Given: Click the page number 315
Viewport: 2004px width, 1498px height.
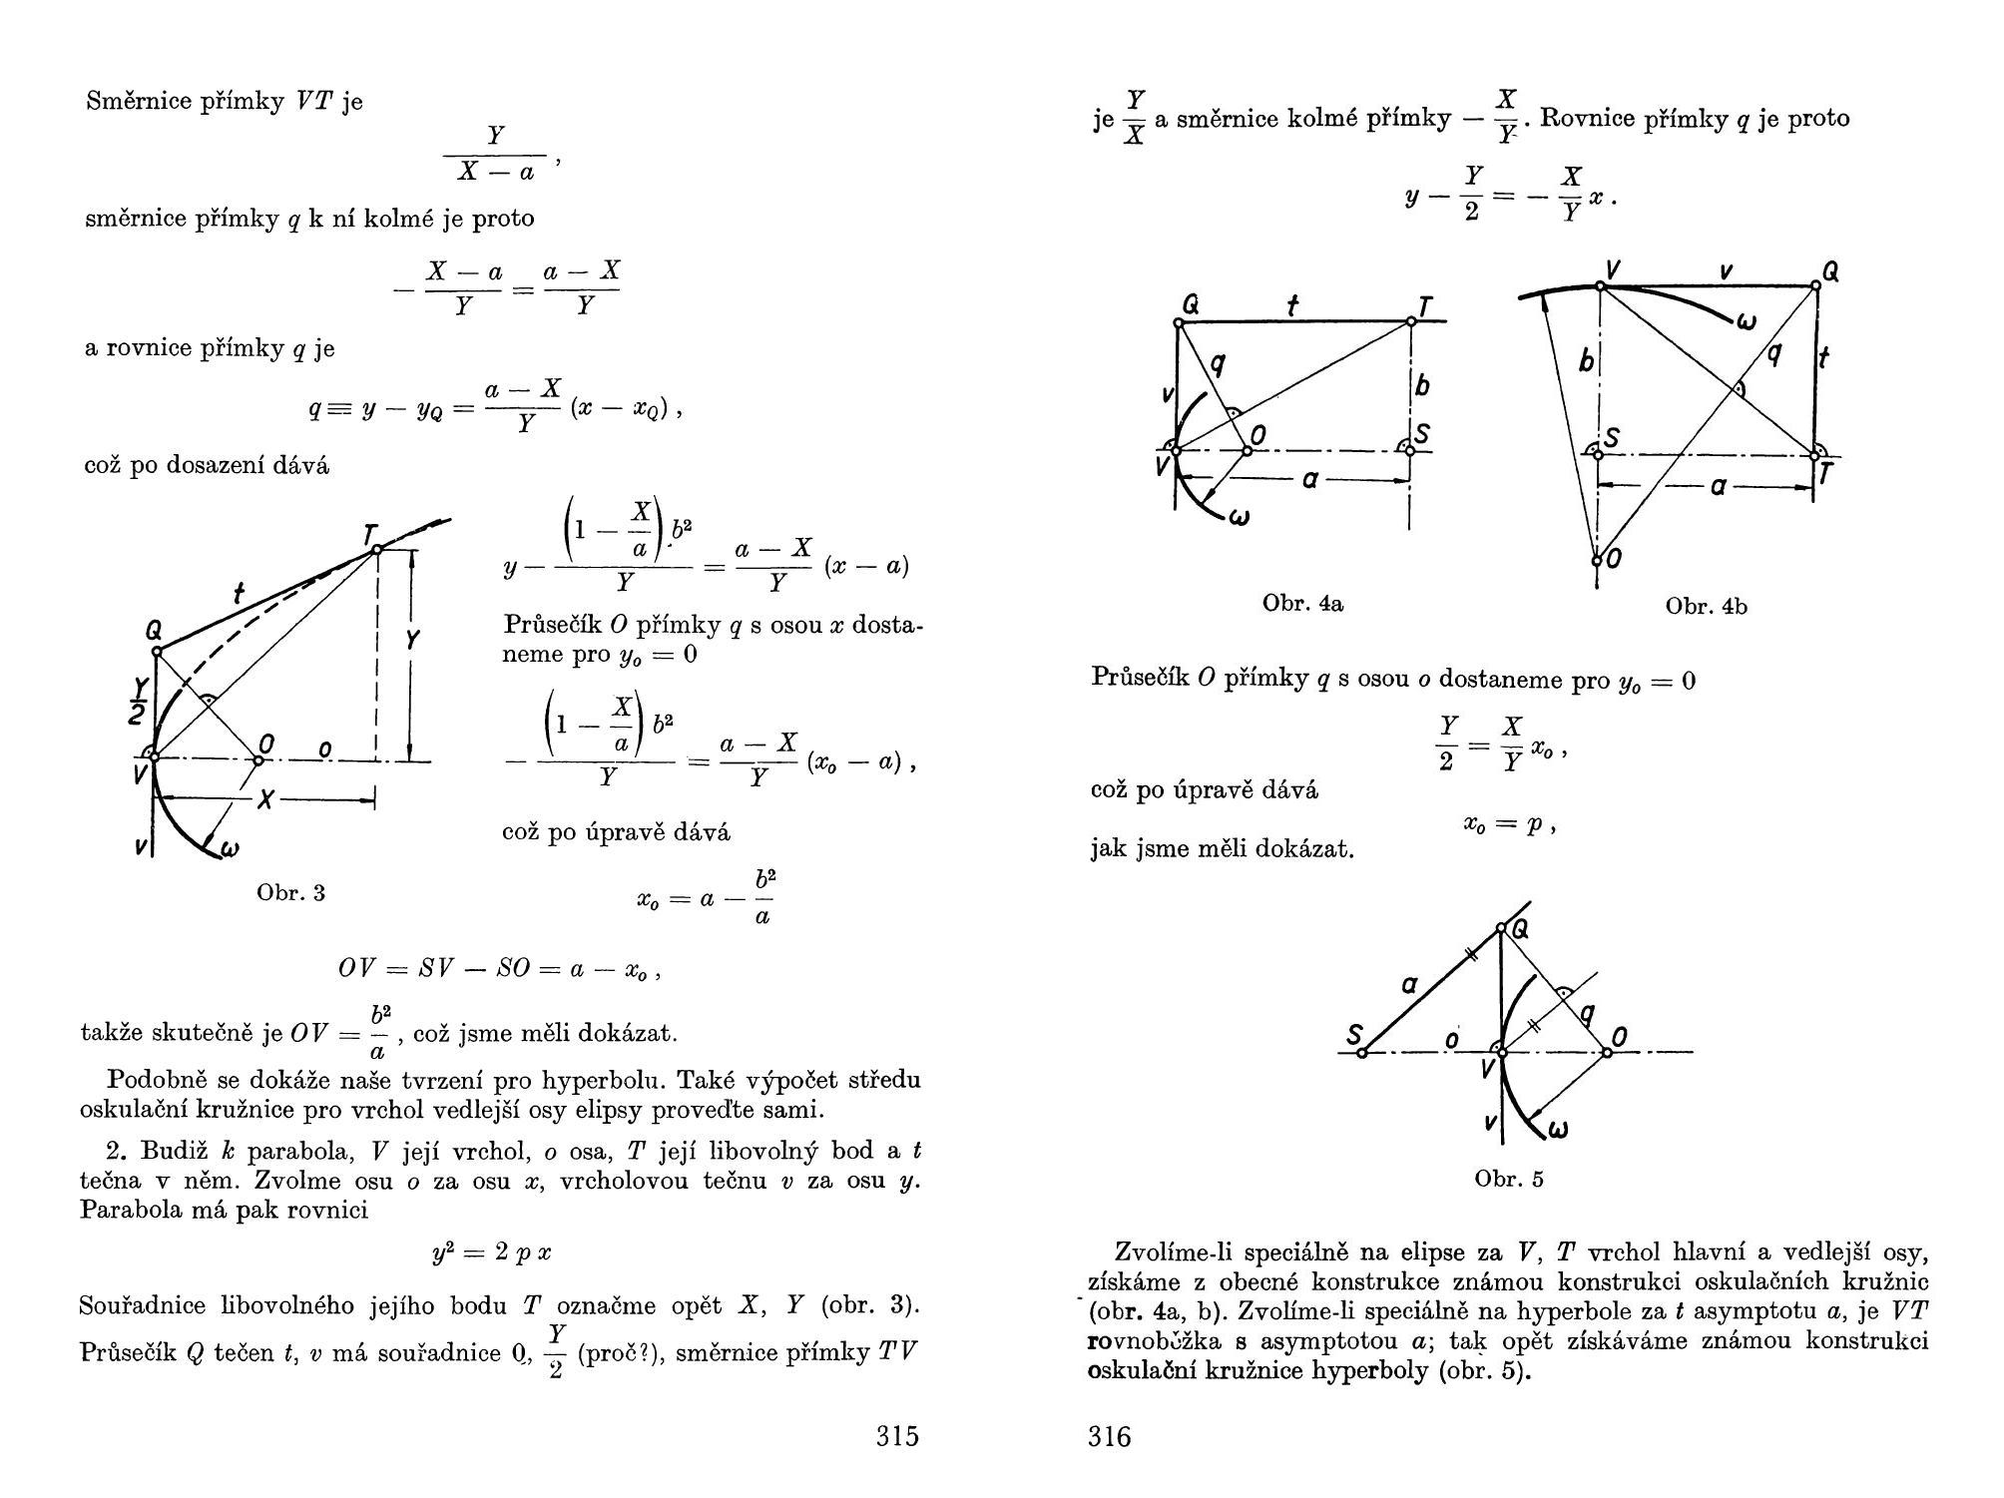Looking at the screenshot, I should [x=897, y=1436].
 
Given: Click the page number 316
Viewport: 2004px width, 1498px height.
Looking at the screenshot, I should [x=1110, y=1436].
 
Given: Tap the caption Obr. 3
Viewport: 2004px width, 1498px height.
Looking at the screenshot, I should [x=290, y=892].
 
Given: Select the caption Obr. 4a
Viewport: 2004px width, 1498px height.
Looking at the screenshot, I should [x=1302, y=603].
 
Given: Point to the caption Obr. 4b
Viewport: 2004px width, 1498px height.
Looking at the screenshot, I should [x=1706, y=606].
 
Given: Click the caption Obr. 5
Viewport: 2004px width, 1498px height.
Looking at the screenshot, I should [x=1508, y=1179].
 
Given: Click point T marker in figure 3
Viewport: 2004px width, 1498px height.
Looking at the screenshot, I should [x=376, y=549].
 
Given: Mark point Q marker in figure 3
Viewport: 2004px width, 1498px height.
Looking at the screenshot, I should [x=157, y=652].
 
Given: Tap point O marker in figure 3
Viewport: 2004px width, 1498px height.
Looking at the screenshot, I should [x=257, y=760].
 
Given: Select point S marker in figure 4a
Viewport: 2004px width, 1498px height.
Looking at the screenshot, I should [x=1410, y=451].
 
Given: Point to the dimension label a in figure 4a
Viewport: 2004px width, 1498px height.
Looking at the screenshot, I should [x=1310, y=480].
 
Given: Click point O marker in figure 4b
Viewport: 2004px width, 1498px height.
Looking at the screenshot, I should [x=1597, y=560].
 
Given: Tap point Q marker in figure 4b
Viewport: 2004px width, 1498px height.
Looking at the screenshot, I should [x=1815, y=285].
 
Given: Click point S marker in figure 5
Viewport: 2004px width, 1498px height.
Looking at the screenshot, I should [x=1362, y=1052].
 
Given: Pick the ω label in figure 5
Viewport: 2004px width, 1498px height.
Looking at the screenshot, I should [x=1556, y=1129].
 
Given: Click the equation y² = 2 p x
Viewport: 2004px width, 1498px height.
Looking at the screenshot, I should [x=492, y=1253].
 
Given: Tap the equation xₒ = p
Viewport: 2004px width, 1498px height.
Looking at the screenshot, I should [x=1508, y=824].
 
